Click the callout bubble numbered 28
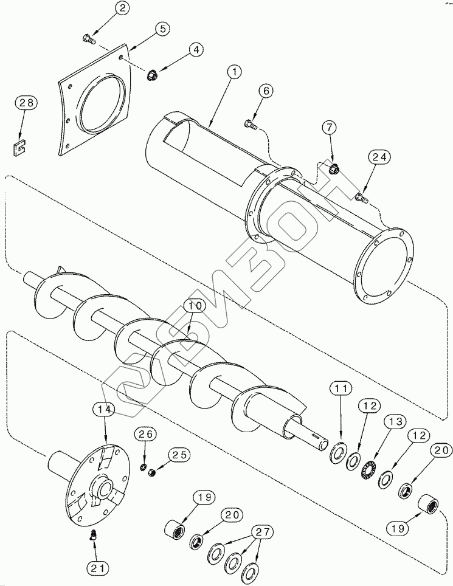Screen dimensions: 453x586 click(26, 103)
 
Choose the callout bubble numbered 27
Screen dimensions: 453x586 click(263, 532)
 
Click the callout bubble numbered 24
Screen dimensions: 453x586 click(379, 157)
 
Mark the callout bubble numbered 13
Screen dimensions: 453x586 click(395, 422)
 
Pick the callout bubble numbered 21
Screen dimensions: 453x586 click(97, 568)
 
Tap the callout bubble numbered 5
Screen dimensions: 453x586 click(162, 30)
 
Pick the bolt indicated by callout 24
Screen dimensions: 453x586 click(362, 198)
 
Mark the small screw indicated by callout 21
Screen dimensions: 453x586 click(92, 536)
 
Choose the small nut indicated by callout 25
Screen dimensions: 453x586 click(151, 472)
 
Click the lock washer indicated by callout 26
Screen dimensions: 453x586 click(142, 467)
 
